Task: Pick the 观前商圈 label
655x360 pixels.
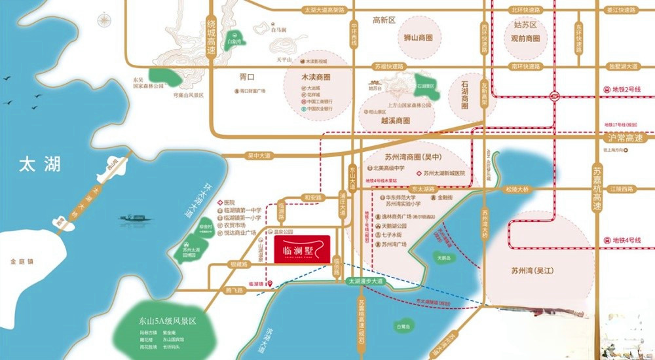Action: click(525, 38)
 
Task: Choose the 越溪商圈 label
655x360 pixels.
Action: click(395, 120)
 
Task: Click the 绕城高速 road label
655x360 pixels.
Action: click(211, 36)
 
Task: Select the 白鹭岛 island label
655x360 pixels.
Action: click(403, 325)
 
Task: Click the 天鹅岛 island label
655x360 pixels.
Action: click(445, 258)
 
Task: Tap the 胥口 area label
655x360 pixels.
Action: click(246, 77)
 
